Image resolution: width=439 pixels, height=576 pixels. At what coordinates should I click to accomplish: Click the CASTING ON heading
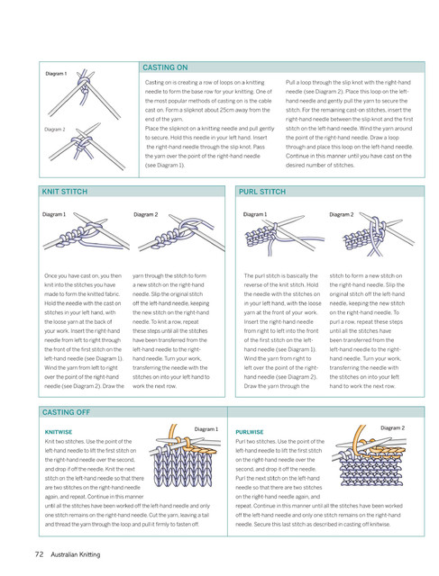tap(165, 67)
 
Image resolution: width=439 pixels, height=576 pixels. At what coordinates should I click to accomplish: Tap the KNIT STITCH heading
tap(65, 192)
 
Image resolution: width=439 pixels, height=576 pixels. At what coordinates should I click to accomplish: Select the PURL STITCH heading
tap(262, 192)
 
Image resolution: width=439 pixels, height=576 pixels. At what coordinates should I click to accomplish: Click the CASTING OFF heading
tap(66, 412)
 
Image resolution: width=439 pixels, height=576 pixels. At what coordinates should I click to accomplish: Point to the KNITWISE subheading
tap(59, 432)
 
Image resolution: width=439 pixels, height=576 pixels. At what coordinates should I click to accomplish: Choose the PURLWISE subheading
tap(250, 432)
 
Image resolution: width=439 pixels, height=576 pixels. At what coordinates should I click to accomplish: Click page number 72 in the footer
tap(39, 554)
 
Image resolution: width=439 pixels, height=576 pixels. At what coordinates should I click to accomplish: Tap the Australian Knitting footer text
tap(76, 554)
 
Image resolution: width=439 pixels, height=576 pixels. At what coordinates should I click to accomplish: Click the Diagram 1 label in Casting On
tap(56, 74)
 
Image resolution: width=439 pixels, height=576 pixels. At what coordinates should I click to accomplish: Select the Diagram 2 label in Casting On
tap(55, 130)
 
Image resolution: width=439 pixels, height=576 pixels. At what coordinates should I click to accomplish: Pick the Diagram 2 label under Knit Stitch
tap(146, 214)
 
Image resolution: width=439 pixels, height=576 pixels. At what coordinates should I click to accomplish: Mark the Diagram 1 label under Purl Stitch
tap(255, 214)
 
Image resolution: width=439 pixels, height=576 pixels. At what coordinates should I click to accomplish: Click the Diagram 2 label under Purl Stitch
tap(341, 214)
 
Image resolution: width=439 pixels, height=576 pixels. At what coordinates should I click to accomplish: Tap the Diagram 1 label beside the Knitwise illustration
tap(206, 429)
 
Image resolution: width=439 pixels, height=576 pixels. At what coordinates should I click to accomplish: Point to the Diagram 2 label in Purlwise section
tap(393, 428)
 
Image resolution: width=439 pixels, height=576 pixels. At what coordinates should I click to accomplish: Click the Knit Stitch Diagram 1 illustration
tap(87, 233)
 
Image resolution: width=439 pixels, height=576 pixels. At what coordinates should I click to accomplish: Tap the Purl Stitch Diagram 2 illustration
tap(379, 234)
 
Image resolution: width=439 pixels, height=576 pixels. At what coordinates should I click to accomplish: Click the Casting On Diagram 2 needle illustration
tap(87, 146)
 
